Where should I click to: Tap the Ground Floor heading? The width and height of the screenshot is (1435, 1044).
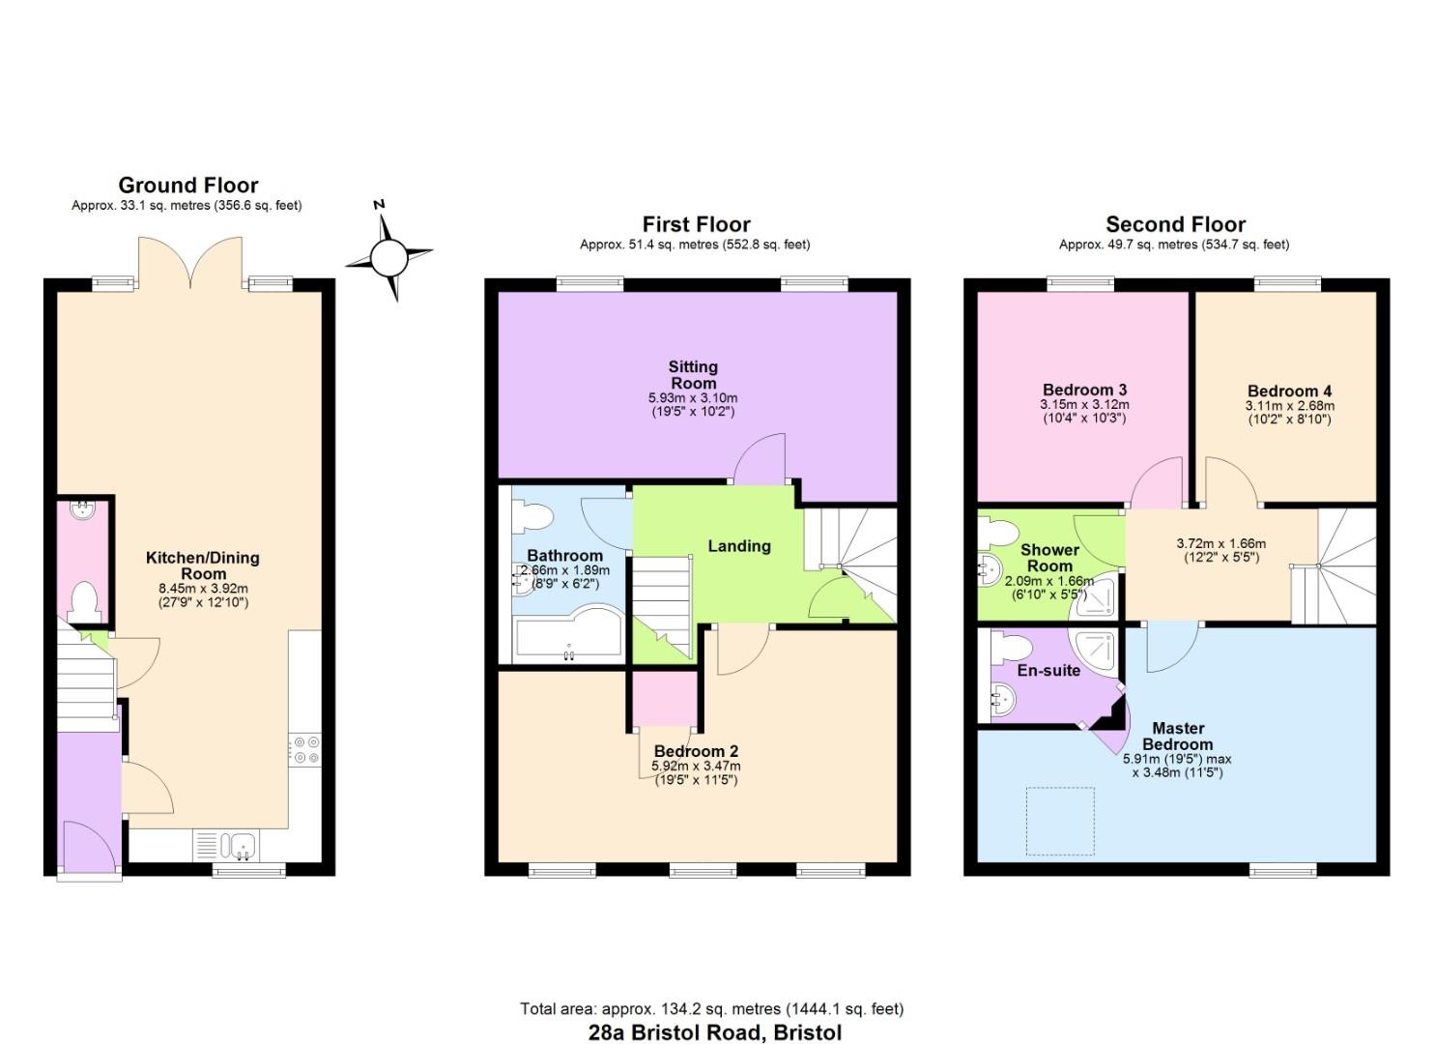pos(188,186)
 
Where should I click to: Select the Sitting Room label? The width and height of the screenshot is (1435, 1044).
pos(693,375)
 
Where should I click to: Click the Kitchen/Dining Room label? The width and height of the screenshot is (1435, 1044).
pos(203,565)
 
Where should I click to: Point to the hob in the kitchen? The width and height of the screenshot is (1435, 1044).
pos(305,750)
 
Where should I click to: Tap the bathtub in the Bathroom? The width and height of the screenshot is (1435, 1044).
pos(569,636)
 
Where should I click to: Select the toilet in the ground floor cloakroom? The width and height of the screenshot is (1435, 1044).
pos(84,602)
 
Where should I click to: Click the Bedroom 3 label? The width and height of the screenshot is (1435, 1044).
pos(1084,390)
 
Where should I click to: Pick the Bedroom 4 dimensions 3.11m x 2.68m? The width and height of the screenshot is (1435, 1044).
pos(1290,406)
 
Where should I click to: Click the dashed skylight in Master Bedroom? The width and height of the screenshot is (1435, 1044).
pos(1060,821)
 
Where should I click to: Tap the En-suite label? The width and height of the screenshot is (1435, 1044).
pos(1048,670)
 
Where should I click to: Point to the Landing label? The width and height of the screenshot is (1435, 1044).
pos(739,546)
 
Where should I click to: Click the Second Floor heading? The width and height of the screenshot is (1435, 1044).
pos(1176,224)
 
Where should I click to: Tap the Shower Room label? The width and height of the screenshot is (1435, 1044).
pos(1049,558)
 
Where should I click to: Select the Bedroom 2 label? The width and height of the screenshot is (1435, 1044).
pos(696,751)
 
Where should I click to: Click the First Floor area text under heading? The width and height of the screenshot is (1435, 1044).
pos(695,245)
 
